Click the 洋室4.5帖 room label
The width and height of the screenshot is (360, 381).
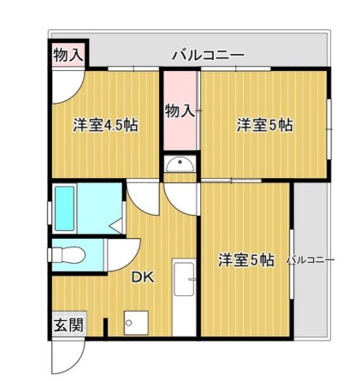(x=106, y=125)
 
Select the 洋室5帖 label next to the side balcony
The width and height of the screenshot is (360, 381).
(x=245, y=259)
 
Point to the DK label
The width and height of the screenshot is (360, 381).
(x=143, y=277)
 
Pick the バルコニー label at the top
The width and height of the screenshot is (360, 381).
(x=207, y=55)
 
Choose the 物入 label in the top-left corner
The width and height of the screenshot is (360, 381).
(x=68, y=55)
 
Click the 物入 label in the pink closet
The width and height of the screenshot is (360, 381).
(x=180, y=110)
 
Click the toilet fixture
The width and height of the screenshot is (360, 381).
(x=68, y=254)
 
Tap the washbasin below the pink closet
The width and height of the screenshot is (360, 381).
(x=180, y=164)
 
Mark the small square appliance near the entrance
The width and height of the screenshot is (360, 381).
(x=131, y=323)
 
